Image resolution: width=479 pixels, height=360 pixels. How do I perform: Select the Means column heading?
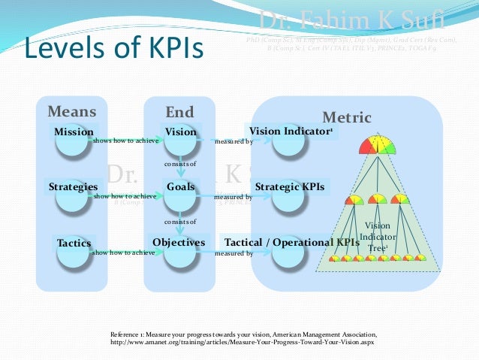[72, 112]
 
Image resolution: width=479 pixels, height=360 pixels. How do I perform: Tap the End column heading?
[179, 112]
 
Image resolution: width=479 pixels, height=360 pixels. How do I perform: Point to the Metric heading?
[347, 117]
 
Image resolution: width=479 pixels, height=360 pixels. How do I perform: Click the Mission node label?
[74, 132]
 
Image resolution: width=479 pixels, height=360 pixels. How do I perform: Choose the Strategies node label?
[73, 186]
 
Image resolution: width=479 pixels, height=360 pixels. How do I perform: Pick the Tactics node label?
[74, 243]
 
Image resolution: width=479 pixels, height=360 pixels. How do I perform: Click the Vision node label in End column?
[180, 132]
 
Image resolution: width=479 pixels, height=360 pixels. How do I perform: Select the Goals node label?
[180, 186]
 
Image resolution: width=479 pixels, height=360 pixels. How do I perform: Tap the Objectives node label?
[179, 243]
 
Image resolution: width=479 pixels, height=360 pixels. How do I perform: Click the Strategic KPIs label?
[290, 186]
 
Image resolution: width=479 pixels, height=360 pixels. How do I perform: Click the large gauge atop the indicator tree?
[377, 144]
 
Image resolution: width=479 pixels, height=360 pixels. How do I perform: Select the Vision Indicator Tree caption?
[378, 237]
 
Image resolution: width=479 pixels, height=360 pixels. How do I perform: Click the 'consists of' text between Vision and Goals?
[180, 164]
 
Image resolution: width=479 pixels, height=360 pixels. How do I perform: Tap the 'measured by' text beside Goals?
[233, 197]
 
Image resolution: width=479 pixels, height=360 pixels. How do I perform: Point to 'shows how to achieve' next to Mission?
[125, 141]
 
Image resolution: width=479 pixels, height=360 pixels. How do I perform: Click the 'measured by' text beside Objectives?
[233, 254]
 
